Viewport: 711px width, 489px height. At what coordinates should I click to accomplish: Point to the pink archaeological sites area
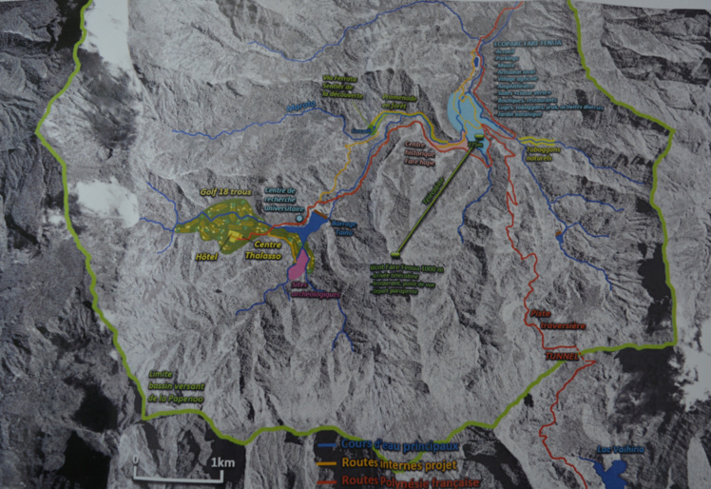299,264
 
